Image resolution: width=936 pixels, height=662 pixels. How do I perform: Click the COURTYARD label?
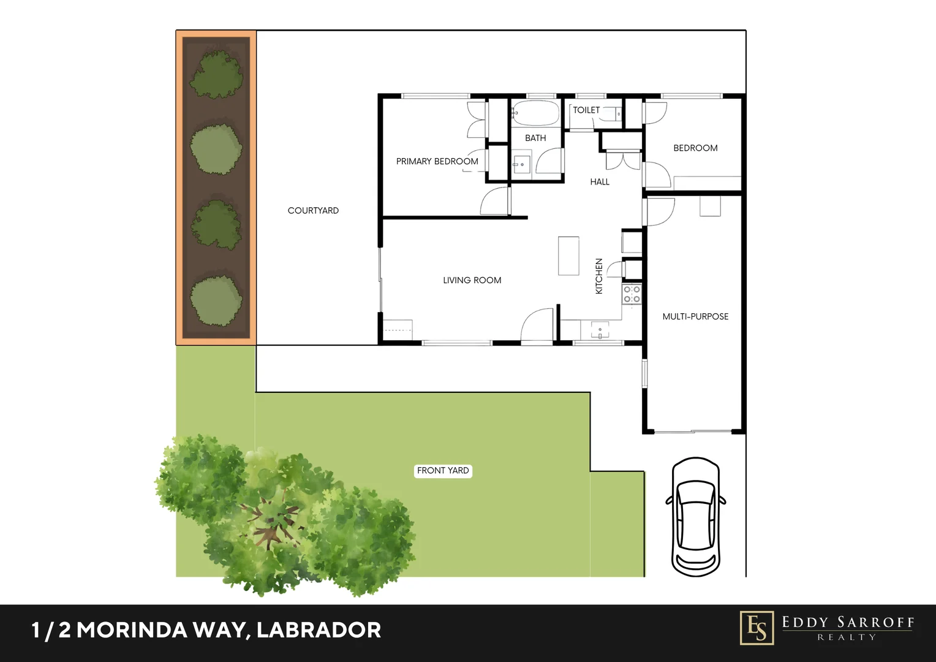(x=313, y=210)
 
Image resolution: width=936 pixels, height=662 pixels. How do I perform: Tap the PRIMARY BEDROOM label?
(x=437, y=161)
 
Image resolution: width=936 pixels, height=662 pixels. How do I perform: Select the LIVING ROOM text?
(x=472, y=280)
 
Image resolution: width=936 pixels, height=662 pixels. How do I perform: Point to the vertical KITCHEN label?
(x=599, y=276)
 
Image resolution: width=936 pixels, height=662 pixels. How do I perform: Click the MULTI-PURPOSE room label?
(x=695, y=316)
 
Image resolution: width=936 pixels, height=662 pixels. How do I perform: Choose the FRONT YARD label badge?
(x=443, y=471)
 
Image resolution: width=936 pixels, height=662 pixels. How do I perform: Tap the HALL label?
(x=600, y=181)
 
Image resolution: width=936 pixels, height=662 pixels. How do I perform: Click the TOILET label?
(x=586, y=110)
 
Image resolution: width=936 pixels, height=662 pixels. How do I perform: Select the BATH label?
(x=535, y=138)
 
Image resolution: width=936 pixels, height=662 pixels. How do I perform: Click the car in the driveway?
(x=696, y=517)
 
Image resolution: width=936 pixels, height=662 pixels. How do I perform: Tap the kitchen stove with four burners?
(x=632, y=294)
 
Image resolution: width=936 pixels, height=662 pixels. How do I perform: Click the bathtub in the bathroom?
(x=535, y=113)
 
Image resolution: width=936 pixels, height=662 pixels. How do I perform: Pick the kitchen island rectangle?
(x=568, y=256)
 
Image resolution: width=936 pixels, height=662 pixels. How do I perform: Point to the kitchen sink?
(x=600, y=330)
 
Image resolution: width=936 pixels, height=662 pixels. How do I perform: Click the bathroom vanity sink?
(x=521, y=164)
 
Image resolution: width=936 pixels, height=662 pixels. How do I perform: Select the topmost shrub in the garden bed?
(x=216, y=74)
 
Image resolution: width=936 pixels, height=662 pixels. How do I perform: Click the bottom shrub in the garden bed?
(x=216, y=300)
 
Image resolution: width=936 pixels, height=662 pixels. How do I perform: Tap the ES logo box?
(x=757, y=628)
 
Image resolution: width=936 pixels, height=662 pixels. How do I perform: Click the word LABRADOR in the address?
(x=319, y=630)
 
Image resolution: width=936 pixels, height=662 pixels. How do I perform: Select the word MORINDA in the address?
(x=132, y=630)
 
